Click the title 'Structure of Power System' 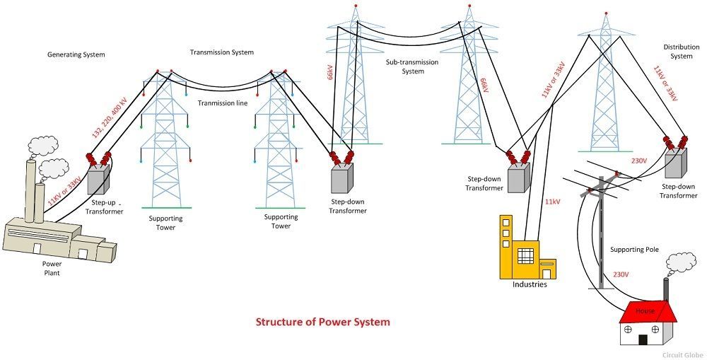pyautogui.click(x=322, y=322)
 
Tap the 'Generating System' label pyautogui.click(x=76, y=54)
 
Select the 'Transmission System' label pyautogui.click(x=222, y=52)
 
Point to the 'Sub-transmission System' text pyautogui.click(x=411, y=66)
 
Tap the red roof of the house pyautogui.click(x=645, y=310)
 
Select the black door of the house pyautogui.click(x=643, y=339)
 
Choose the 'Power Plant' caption pyautogui.click(x=52, y=267)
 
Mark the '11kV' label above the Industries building pyautogui.click(x=552, y=202)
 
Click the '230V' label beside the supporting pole pyautogui.click(x=620, y=274)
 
